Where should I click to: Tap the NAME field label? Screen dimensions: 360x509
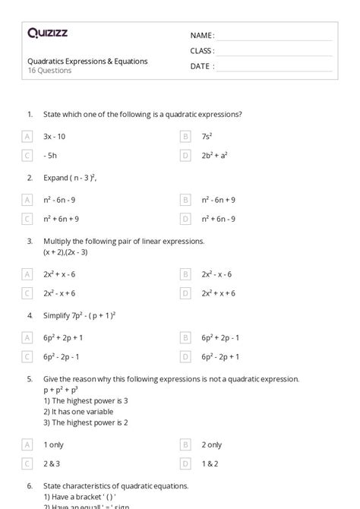(x=202, y=36)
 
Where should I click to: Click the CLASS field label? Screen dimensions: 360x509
(x=202, y=51)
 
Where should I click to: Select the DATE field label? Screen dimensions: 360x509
(x=202, y=66)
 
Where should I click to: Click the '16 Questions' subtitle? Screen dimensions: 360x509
(x=49, y=71)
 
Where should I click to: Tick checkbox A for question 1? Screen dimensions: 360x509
(x=28, y=136)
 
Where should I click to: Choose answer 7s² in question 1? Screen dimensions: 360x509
(x=207, y=136)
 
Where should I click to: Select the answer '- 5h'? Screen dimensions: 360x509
(x=51, y=155)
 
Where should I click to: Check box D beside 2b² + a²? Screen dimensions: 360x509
(x=185, y=155)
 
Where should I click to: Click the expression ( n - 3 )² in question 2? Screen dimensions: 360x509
(x=83, y=178)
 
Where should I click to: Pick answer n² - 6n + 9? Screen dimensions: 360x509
(x=219, y=200)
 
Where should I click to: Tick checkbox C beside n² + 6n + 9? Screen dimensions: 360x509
(x=28, y=219)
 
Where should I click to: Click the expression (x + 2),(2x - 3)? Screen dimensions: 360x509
(x=71, y=251)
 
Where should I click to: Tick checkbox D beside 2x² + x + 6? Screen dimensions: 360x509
(x=185, y=293)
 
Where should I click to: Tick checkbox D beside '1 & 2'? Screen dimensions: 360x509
(x=185, y=463)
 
